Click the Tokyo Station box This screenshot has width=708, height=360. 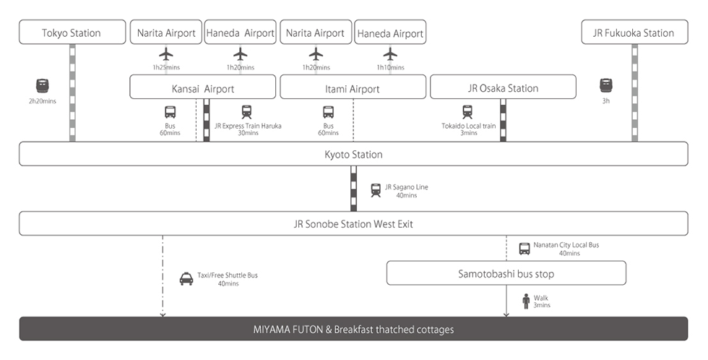pyautogui.click(x=71, y=33)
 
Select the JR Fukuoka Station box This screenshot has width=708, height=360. pyautogui.click(x=633, y=33)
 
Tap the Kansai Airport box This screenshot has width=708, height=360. pyautogui.click(x=203, y=88)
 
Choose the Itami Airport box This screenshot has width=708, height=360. pyautogui.click(x=353, y=88)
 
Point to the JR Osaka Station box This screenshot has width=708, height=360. pyautogui.click(x=503, y=88)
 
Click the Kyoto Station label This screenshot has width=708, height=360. pyautogui.click(x=353, y=155)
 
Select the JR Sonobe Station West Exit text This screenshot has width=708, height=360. pyautogui.click(x=353, y=224)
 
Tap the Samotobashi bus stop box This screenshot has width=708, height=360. pyautogui.click(x=506, y=273)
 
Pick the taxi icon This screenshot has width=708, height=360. pyautogui.click(x=186, y=279)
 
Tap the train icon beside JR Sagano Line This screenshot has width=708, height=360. pyautogui.click(x=376, y=190)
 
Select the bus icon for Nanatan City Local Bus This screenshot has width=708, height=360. pyautogui.click(x=525, y=249)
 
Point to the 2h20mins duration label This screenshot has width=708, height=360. pyautogui.click(x=42, y=101)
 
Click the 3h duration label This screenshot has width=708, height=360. pyautogui.click(x=605, y=101)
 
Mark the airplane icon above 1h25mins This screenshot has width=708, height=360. pyautogui.click(x=166, y=53)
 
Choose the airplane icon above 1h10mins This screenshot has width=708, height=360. pyautogui.click(x=391, y=53)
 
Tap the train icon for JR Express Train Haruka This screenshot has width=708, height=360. pyautogui.click(x=247, y=112)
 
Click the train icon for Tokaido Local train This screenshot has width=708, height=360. pyautogui.click(x=467, y=112)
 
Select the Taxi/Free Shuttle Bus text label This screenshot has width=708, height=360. pyautogui.click(x=228, y=275)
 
